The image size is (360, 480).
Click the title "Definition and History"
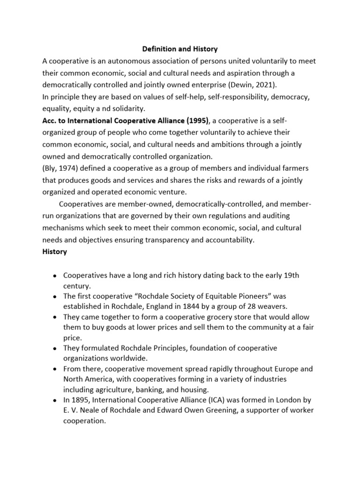[180, 48]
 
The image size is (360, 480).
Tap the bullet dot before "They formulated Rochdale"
[55, 349]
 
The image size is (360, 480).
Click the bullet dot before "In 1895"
[55, 400]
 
